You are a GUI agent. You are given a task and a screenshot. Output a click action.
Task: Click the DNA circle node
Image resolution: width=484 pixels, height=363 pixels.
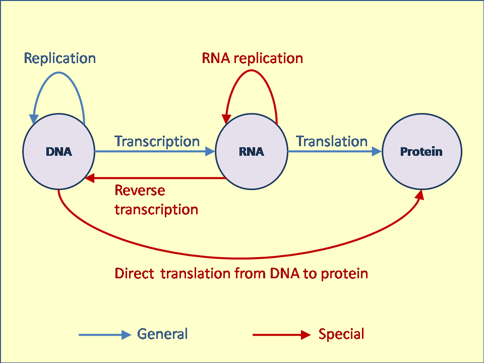tap(58, 151)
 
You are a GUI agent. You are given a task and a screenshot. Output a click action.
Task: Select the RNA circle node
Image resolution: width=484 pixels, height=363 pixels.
tap(251, 151)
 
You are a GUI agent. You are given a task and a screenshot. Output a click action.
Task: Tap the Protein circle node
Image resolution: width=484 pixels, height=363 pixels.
tap(421, 151)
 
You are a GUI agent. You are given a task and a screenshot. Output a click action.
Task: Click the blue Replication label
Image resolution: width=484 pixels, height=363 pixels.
tap(60, 58)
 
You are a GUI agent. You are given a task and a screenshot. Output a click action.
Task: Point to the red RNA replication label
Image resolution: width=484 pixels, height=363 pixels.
tap(252, 58)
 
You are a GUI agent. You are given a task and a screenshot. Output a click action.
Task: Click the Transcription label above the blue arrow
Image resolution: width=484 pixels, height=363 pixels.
tap(157, 141)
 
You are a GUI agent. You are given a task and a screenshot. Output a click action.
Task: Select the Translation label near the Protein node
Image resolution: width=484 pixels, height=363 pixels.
tap(331, 141)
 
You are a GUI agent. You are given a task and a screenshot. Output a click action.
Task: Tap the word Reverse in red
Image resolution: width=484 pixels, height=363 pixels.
tap(140, 191)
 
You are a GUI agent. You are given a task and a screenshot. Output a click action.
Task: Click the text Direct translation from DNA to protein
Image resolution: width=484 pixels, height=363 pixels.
tap(241, 273)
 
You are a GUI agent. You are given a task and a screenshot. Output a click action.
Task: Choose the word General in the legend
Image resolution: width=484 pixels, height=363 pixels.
tap(162, 334)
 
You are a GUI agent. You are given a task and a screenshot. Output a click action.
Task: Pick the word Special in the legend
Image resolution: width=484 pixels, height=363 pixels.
tap(341, 334)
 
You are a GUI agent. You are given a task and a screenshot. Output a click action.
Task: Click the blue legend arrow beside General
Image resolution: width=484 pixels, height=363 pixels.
tap(104, 335)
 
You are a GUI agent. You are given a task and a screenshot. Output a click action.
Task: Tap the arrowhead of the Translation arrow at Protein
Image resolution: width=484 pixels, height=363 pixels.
tap(377, 151)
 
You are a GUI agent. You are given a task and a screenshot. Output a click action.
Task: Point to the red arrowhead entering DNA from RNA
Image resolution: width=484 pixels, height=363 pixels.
tap(89, 178)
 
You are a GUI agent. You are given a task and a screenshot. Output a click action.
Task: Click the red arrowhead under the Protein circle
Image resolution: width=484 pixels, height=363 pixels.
tap(419, 195)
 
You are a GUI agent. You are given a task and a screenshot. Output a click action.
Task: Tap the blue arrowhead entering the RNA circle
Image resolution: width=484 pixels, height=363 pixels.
tap(210, 151)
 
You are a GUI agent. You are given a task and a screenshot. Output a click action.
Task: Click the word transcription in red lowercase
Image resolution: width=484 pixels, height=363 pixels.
tap(156, 209)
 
